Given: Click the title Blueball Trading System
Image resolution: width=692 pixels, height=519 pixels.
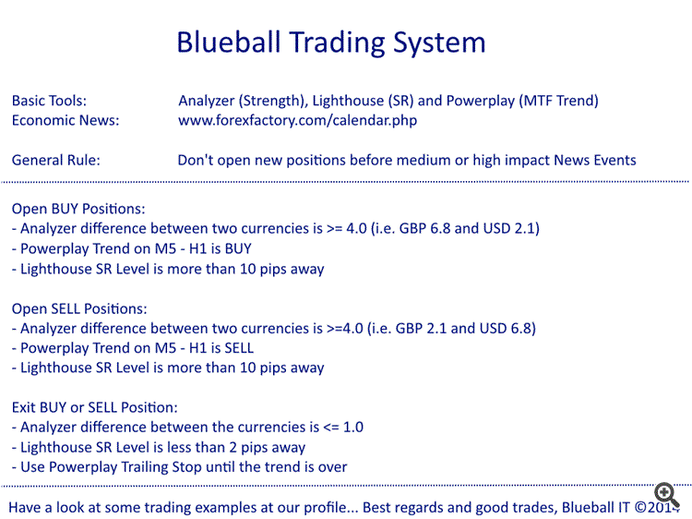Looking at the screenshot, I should (x=330, y=42).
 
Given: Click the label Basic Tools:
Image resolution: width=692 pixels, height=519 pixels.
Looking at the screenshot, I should (x=49, y=101).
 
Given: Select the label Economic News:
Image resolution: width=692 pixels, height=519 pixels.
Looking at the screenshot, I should (x=66, y=120).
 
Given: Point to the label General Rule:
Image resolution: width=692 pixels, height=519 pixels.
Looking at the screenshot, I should (x=56, y=160).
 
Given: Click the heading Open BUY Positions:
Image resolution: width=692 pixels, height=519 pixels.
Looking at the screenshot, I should (x=78, y=209).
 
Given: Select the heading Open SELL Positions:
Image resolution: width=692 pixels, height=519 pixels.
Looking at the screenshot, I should (x=79, y=308).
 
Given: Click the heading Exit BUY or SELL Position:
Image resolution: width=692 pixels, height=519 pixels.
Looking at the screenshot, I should (x=95, y=406).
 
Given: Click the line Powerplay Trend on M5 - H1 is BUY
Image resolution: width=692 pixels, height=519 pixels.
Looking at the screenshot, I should (x=131, y=248).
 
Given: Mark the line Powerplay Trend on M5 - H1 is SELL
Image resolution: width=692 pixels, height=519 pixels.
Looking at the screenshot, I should (x=133, y=348).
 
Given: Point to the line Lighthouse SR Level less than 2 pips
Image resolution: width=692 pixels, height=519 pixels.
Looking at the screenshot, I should (x=158, y=447).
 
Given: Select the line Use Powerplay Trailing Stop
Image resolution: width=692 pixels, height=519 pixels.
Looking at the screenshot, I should (x=179, y=466).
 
